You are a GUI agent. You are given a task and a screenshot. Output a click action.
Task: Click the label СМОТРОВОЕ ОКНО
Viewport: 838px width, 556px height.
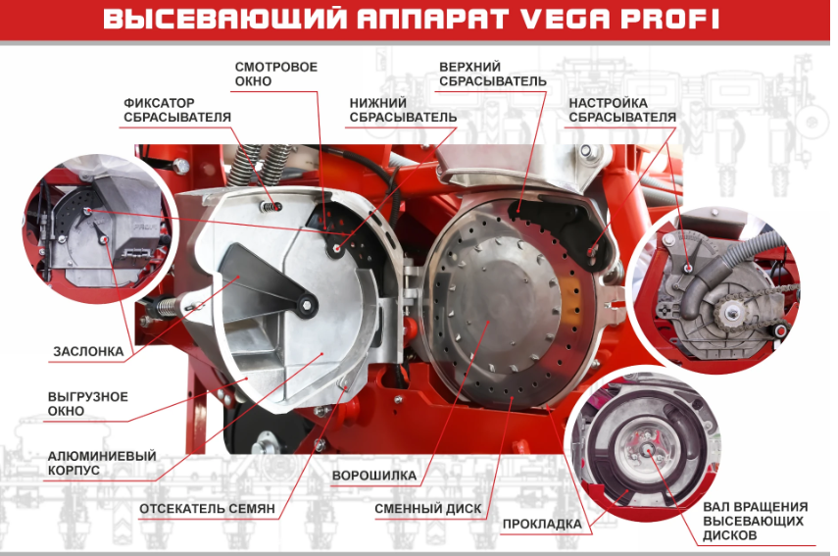pyautogui.click(x=275, y=74)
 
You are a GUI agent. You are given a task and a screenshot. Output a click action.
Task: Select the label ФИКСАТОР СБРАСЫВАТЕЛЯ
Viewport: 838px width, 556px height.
pyautogui.click(x=176, y=110)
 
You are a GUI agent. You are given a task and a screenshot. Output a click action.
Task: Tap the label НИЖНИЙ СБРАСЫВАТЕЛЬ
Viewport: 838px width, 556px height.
pyautogui.click(x=403, y=110)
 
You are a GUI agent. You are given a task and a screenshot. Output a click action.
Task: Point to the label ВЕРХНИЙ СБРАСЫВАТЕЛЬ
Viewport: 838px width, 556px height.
pyautogui.click(x=493, y=74)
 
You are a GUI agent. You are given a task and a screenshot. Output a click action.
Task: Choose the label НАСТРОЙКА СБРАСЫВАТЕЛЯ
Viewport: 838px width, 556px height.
pyautogui.click(x=622, y=110)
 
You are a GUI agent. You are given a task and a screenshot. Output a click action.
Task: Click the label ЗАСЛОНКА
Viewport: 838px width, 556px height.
pyautogui.click(x=88, y=351)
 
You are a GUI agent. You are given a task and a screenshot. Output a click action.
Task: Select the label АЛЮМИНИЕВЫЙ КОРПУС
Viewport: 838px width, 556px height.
pyautogui.click(x=102, y=463)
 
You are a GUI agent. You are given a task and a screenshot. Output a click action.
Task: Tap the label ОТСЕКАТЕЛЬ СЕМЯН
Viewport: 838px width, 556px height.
pyautogui.click(x=207, y=508)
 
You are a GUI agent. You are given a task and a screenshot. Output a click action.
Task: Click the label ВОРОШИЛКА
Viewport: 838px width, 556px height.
pyautogui.click(x=374, y=476)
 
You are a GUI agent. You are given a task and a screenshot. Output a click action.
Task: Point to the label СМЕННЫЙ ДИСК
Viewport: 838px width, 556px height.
pyautogui.click(x=428, y=508)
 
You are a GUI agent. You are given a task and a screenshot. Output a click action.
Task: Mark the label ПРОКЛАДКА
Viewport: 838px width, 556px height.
pyautogui.click(x=542, y=524)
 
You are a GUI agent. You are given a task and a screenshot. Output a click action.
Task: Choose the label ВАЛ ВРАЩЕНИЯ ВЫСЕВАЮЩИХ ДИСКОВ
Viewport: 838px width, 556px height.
pyautogui.click(x=755, y=521)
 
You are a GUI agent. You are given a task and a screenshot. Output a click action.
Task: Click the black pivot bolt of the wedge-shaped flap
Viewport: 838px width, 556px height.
pyautogui.click(x=307, y=305)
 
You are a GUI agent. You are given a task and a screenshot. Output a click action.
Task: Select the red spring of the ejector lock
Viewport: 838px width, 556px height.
pyautogui.click(x=272, y=206)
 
